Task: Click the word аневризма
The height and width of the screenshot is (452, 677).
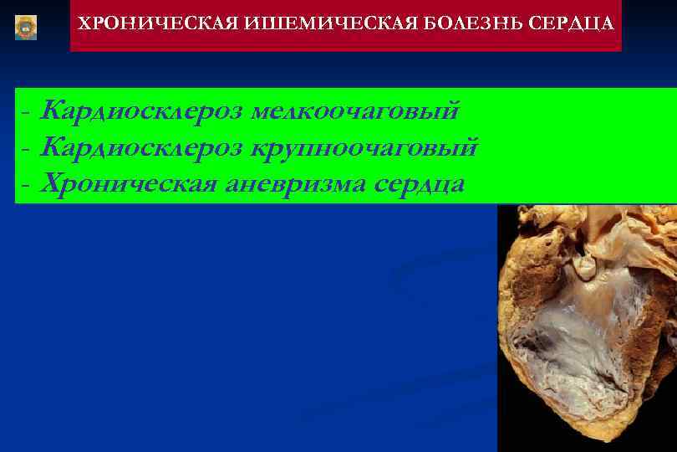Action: [293, 183]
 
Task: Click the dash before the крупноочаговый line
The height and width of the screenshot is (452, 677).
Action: [27, 149]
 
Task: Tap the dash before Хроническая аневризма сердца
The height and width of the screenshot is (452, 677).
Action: [27, 185]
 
